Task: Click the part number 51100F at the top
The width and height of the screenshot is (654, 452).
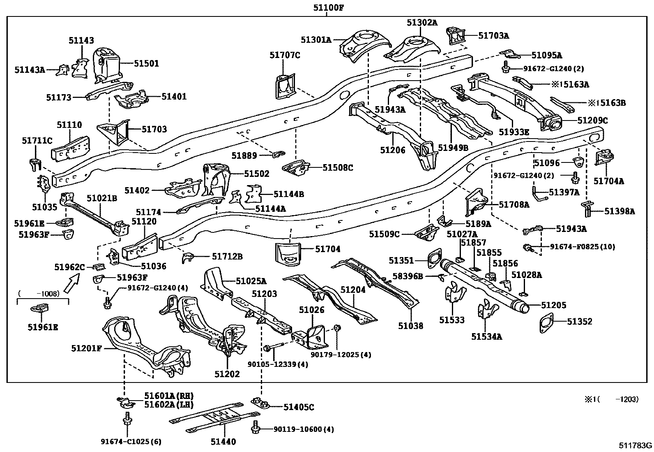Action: [327, 7]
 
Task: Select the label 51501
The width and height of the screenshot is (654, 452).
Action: [146, 64]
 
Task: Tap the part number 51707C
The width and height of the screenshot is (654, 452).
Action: [285, 55]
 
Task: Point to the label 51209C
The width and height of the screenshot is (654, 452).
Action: [592, 121]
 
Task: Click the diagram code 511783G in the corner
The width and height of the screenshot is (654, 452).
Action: [636, 445]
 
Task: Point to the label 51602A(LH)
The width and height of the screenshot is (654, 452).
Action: [168, 404]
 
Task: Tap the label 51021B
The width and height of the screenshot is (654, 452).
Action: [101, 199]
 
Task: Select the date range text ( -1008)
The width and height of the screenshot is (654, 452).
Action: [39, 293]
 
